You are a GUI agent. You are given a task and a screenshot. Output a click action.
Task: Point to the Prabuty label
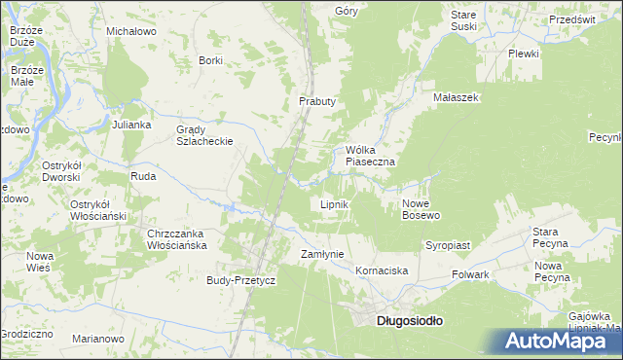point(317,101)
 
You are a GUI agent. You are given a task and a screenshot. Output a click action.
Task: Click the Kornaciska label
point(382,270)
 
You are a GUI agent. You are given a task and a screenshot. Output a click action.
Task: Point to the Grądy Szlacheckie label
point(203,134)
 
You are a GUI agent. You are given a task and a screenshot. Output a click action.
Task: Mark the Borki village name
point(210,60)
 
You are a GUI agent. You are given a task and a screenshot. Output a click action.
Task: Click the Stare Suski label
point(463,20)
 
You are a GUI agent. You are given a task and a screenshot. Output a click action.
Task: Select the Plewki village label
point(523,54)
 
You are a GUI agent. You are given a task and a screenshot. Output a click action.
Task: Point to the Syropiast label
point(448,246)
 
